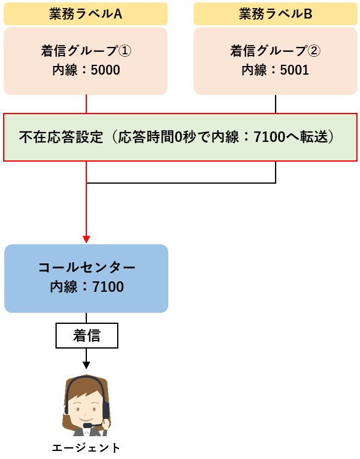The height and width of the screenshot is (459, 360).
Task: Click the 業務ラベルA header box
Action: click(86, 14)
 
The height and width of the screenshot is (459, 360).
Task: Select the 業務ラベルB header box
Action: click(275, 14)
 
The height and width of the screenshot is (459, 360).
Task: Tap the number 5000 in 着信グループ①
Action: click(105, 70)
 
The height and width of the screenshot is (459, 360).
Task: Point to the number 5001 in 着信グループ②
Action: click(295, 70)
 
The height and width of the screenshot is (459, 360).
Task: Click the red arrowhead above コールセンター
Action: click(86, 239)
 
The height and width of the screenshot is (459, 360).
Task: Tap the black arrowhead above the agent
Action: click(86, 365)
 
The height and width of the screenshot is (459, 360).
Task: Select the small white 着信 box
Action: click(87, 336)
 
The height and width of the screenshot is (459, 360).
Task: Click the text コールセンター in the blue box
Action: click(86, 267)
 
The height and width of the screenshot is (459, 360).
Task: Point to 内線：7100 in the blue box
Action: click(86, 287)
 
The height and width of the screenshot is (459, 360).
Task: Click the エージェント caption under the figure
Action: click(86, 448)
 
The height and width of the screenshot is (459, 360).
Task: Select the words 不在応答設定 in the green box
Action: click(61, 137)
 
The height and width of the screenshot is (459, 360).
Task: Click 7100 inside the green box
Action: click(269, 137)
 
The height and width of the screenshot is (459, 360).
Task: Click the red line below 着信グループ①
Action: click(86, 104)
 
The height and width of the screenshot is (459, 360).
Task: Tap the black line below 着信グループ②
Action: click(276, 104)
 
